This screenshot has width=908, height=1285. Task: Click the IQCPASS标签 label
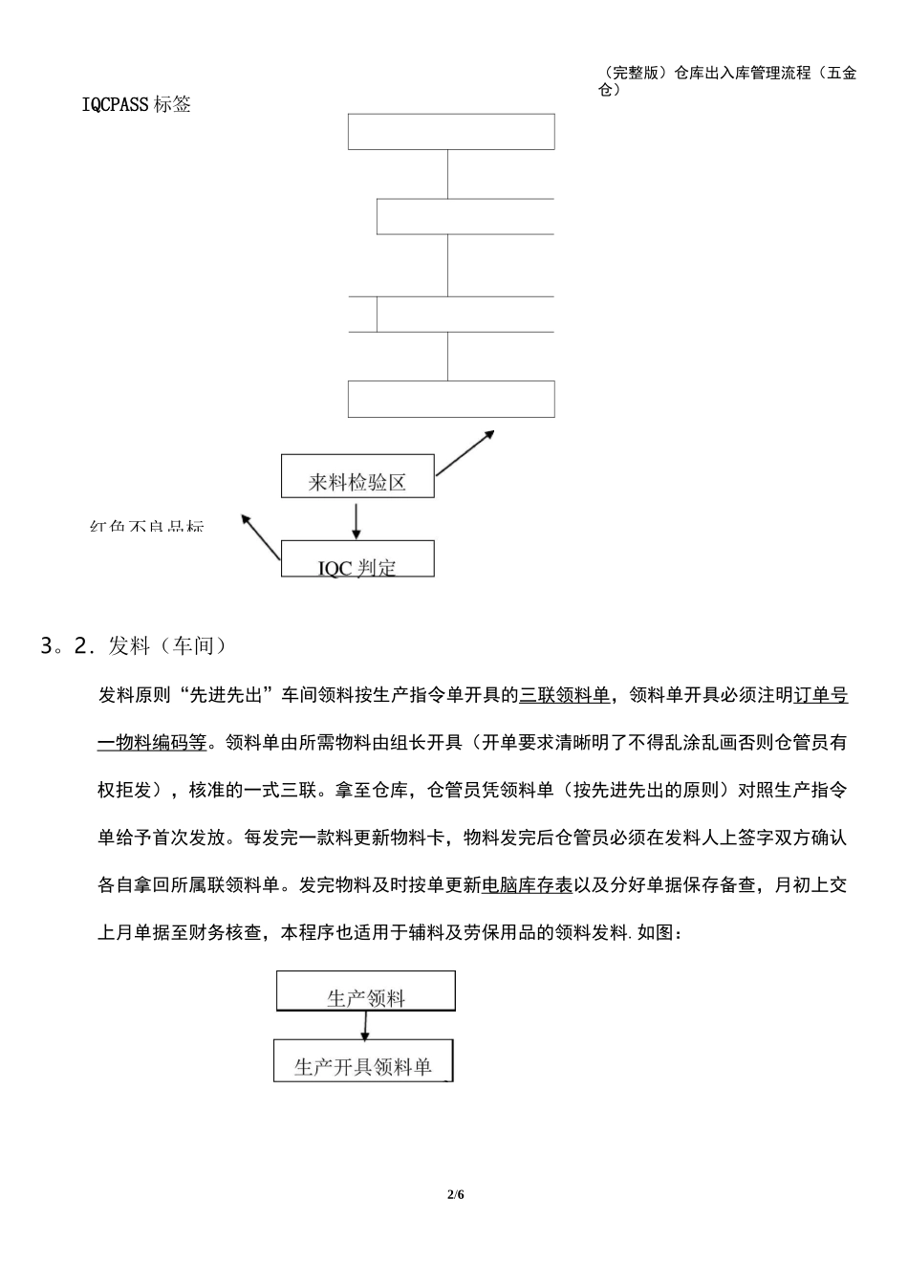click(137, 104)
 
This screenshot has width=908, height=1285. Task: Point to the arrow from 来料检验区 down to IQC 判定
click(357, 519)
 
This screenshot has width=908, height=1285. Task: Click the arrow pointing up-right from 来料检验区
click(465, 452)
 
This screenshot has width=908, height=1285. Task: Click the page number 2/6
click(454, 1195)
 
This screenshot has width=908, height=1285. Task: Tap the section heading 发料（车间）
click(168, 647)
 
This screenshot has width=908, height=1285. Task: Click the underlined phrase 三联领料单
click(564, 696)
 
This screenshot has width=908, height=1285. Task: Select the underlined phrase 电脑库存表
click(528, 885)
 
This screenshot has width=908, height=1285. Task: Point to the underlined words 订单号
click(821, 696)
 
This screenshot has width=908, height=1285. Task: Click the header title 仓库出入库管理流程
click(742, 73)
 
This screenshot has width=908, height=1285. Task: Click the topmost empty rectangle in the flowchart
click(451, 132)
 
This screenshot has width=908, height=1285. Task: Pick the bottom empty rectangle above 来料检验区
click(451, 399)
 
